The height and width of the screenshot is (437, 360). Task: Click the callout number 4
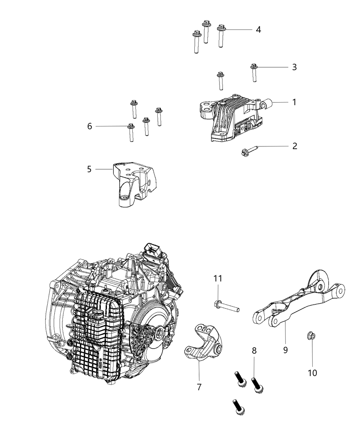tap(258, 30)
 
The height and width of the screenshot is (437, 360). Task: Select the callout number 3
tap(294, 67)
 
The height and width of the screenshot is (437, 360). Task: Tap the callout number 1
tap(294, 102)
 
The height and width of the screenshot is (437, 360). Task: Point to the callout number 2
tap(294, 146)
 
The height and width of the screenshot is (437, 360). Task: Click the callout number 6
tap(89, 126)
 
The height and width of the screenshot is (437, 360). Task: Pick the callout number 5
tap(89, 169)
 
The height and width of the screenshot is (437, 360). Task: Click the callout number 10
tap(312, 372)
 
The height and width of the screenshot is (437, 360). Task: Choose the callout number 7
tap(199, 387)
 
